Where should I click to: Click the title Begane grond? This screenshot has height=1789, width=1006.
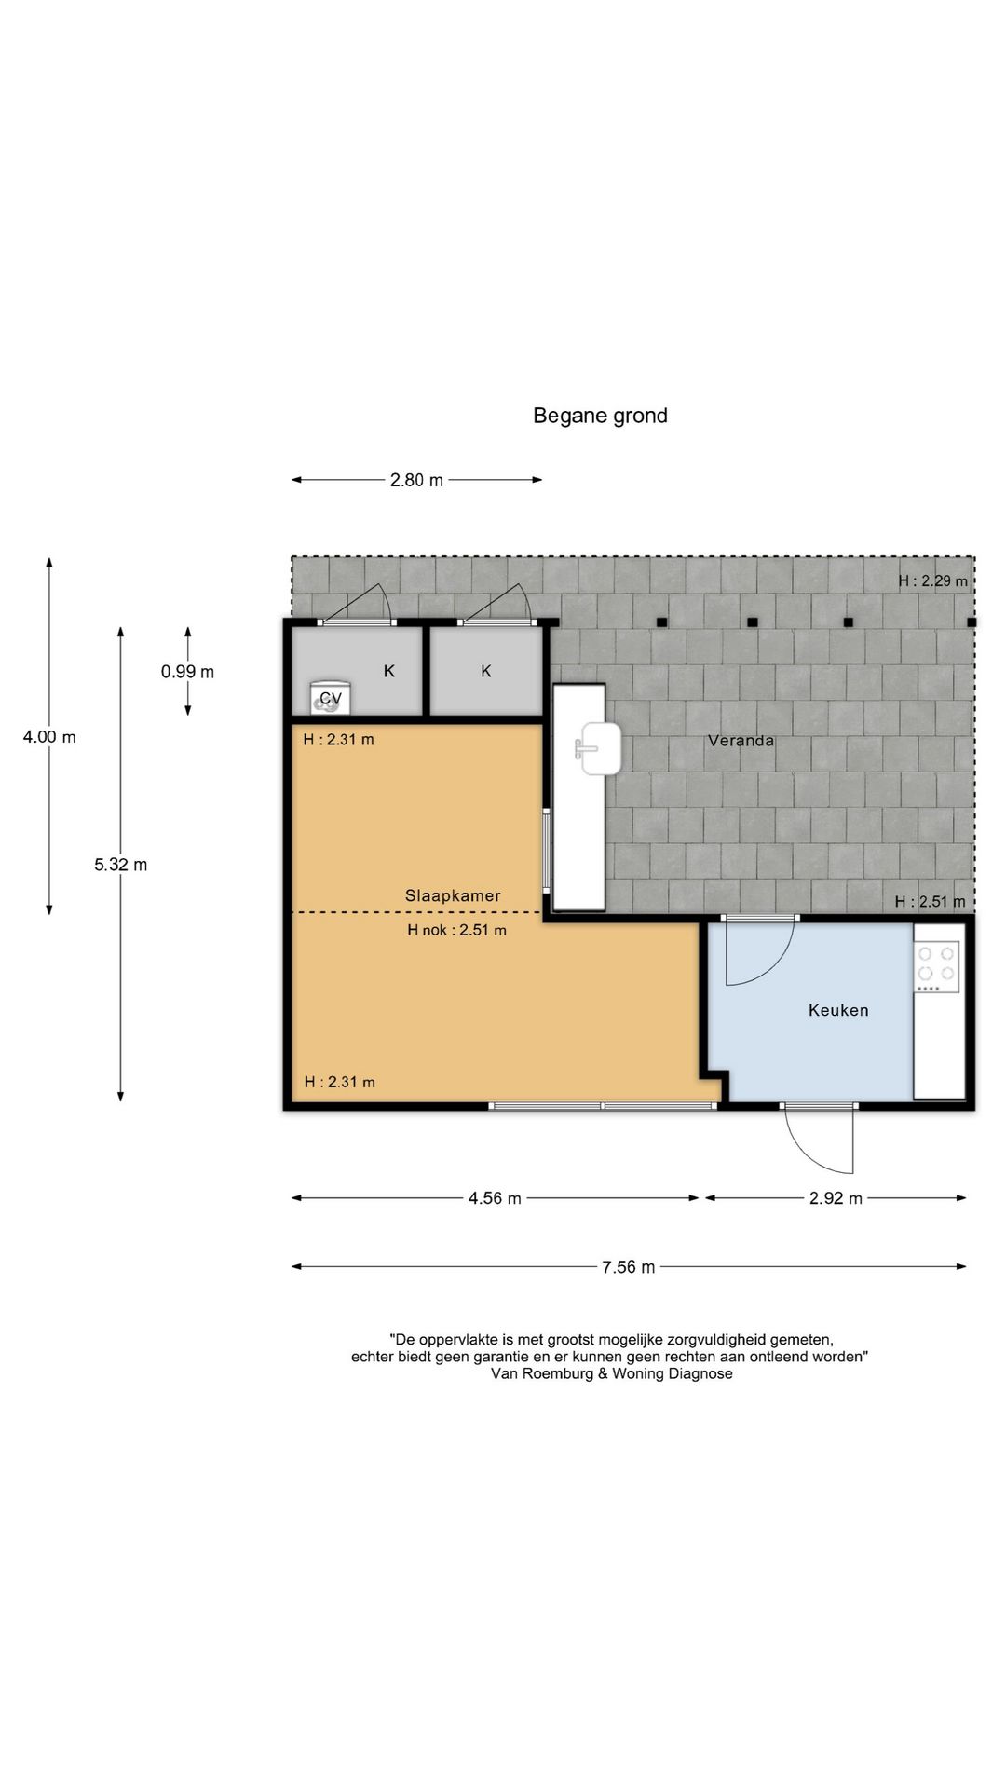click(x=600, y=416)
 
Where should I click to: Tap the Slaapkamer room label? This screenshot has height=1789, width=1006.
click(x=453, y=895)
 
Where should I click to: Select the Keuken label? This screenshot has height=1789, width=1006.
click(x=838, y=1010)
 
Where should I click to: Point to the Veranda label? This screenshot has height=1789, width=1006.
click(x=741, y=741)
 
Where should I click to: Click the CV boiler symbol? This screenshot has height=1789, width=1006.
click(x=327, y=697)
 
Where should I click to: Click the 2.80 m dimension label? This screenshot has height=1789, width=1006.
click(x=416, y=480)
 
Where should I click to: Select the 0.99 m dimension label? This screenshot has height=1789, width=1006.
click(x=187, y=672)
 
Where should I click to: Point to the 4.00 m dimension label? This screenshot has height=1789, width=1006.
click(x=49, y=737)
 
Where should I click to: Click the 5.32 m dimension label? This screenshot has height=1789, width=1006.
click(x=120, y=865)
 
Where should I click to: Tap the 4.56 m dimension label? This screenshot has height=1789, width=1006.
click(x=495, y=1198)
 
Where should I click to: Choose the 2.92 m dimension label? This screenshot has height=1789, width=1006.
click(x=836, y=1198)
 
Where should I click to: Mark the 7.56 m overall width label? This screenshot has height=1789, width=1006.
click(x=628, y=1267)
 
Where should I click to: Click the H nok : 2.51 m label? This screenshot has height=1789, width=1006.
click(x=456, y=930)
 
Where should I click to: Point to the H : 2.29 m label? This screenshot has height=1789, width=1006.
click(x=932, y=580)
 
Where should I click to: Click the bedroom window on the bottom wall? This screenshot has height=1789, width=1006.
click(x=604, y=1106)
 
